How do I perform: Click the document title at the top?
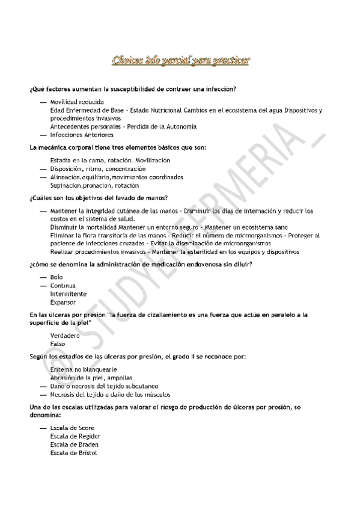182,60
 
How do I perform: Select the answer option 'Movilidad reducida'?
77,102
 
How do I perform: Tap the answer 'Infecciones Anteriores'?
82,135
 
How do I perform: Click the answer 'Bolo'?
56,277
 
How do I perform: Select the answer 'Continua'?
63,286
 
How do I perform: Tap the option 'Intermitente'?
68,294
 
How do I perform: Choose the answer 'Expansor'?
63,303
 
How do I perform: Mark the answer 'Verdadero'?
65,335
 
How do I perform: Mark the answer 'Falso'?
58,343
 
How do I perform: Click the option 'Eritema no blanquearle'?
83,369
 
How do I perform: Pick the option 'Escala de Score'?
72,428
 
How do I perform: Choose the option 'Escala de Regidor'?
75,436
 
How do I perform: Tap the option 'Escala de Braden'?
75,444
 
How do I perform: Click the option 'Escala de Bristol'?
73,453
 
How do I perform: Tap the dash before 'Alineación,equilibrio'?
43,177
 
